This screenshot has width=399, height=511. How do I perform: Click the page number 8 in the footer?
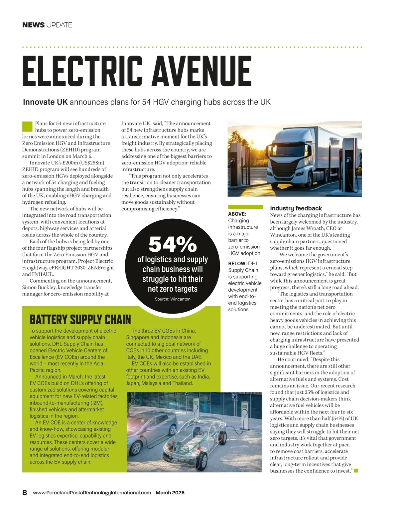25,493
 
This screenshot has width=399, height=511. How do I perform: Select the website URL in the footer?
92,493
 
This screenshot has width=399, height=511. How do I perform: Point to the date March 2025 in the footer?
170,493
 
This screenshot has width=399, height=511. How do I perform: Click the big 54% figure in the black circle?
173,245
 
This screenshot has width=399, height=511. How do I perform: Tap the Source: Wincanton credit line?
173,299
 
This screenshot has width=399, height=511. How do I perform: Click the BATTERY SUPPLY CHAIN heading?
80,320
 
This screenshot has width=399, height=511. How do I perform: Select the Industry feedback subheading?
296,208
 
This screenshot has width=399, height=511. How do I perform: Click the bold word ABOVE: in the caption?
237,214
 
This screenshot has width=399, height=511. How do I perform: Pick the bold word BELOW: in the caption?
237,264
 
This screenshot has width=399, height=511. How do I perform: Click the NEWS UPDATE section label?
47,25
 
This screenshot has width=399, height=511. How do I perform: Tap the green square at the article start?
27,127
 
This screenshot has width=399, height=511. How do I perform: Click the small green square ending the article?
356,471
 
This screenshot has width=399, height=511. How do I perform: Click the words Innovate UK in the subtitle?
45,102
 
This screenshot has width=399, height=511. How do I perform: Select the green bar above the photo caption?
245,207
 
